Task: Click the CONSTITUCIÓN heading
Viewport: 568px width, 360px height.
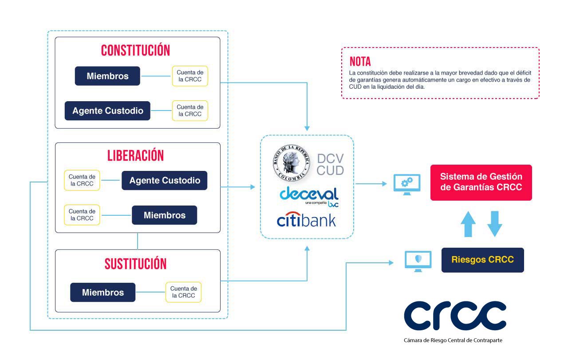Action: pos(135,50)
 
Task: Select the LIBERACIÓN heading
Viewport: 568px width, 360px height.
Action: pos(135,155)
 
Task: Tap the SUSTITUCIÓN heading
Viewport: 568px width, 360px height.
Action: pos(135,263)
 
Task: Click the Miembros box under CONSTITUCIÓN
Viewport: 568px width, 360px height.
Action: pos(107,76)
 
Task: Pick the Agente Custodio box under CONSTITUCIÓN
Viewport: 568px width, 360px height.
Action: pos(107,111)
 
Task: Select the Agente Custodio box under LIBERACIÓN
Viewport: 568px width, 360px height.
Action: pos(164,180)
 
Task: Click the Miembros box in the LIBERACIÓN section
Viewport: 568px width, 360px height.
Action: pos(164,215)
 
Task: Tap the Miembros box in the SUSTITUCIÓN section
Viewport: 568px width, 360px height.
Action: pos(103,292)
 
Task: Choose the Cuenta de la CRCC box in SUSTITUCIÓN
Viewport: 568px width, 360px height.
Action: pos(183,292)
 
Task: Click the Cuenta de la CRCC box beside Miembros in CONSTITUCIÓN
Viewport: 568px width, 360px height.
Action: pos(190,76)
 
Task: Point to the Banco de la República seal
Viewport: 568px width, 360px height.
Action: pos(292,162)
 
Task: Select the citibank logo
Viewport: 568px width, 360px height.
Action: pos(306,219)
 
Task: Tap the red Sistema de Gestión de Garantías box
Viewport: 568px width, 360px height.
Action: pos(481,182)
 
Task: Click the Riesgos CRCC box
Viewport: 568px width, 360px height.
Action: pos(482,260)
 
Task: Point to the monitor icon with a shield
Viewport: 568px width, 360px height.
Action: pos(418,261)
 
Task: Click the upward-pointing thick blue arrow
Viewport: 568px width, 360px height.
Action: pos(468,224)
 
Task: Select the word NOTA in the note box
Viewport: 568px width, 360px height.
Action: pos(360,61)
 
